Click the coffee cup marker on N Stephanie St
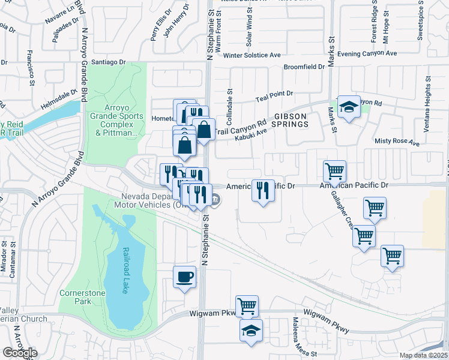click(185, 277)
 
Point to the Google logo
click(19, 352)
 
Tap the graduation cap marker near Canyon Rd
click(348, 107)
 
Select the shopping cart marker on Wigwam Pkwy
click(247, 307)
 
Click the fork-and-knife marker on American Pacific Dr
click(263, 191)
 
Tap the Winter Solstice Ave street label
click(252, 55)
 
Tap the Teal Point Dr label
click(274, 94)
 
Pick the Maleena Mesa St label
click(296, 337)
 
